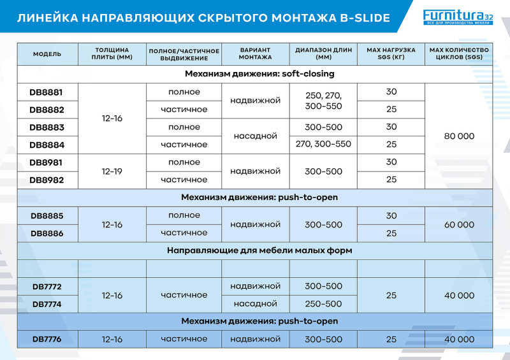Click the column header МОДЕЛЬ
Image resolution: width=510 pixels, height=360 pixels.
tap(47, 54)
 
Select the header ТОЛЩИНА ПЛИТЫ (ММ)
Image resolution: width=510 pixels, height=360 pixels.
tap(112, 54)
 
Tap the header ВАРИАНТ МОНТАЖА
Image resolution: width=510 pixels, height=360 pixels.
tap(256, 54)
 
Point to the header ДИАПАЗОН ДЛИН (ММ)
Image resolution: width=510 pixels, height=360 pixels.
tap(323, 54)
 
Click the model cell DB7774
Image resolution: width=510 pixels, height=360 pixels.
tap(47, 304)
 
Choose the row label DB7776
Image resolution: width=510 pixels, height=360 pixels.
tap(47, 339)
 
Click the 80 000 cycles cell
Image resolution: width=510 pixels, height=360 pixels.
tap(459, 136)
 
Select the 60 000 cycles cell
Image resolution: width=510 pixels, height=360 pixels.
tap(459, 224)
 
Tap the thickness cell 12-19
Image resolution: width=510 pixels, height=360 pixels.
tap(112, 171)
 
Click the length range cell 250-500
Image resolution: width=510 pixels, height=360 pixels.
tap(323, 304)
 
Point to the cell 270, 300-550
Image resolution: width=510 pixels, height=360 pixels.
tap(323, 145)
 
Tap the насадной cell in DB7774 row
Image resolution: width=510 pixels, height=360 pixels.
tap(256, 304)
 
